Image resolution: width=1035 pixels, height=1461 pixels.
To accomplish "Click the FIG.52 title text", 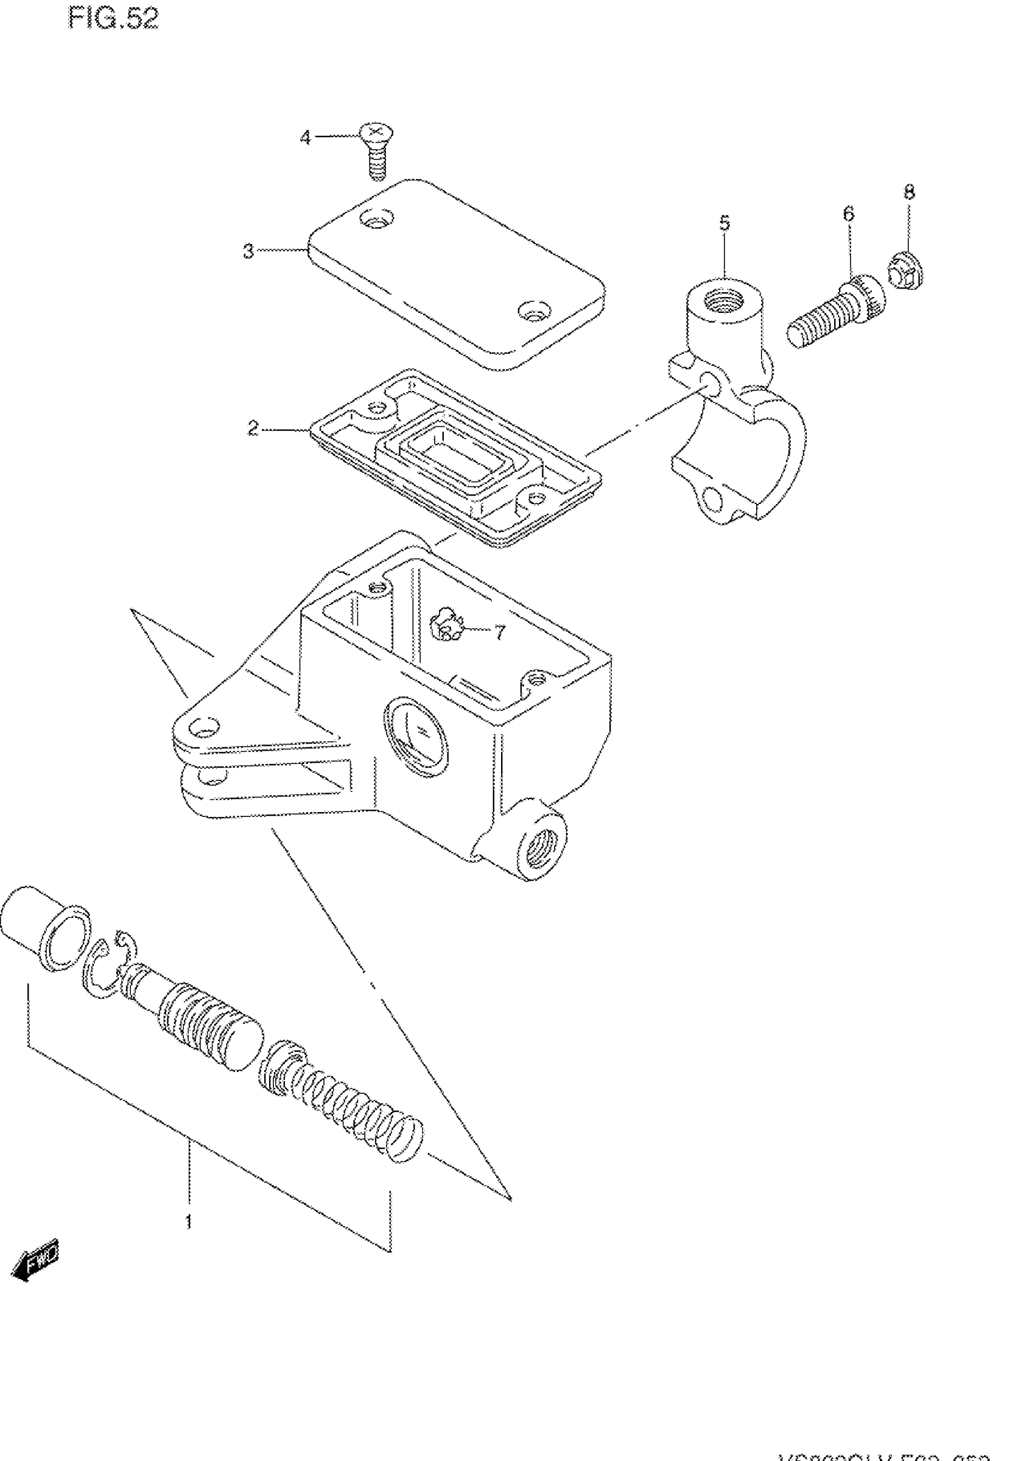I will [113, 19].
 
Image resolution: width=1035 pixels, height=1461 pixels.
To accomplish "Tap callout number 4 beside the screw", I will [306, 137].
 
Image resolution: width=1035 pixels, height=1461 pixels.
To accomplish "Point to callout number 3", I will [248, 251].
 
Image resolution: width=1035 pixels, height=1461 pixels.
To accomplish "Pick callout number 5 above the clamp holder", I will [724, 223].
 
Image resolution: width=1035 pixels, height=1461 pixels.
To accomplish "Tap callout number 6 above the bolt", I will [848, 214].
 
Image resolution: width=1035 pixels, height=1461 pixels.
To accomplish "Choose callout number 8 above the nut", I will [910, 192].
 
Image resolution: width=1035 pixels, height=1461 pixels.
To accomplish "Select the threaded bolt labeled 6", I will [836, 315].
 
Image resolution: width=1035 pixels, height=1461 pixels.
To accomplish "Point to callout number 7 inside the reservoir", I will [500, 632].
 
